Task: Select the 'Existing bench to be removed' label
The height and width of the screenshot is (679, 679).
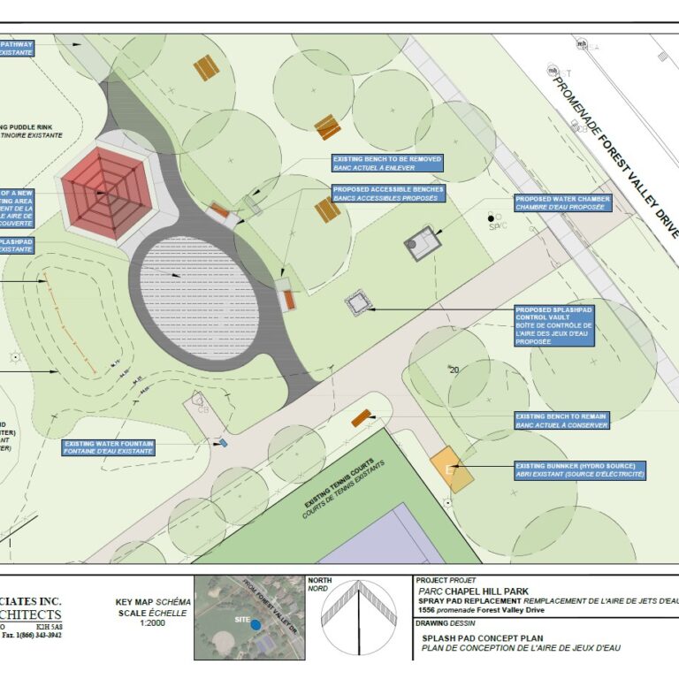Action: (386, 163)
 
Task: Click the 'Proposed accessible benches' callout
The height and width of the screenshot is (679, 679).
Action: (388, 194)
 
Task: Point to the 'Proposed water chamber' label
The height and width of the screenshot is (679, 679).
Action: (563, 203)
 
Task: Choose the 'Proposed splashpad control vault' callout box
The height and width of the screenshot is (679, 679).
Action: (554, 325)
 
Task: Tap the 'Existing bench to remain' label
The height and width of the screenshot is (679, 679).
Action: (562, 420)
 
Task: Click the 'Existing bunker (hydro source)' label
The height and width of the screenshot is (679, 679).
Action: (580, 469)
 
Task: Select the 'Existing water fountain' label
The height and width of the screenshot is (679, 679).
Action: (109, 447)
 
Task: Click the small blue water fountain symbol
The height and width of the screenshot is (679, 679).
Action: (223, 442)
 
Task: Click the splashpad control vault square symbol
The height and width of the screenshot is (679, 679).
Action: (359, 304)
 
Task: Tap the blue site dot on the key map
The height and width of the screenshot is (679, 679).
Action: (256, 624)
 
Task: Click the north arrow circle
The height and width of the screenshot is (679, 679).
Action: (357, 616)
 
